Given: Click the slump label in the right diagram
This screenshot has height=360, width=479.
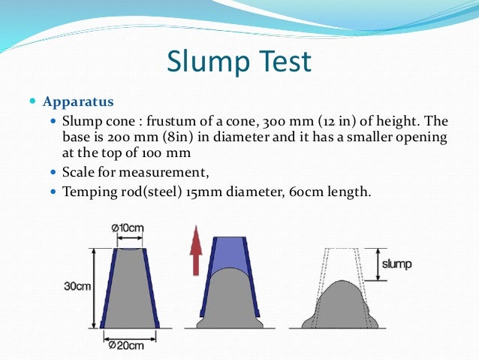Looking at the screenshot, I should tap(397, 265).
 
